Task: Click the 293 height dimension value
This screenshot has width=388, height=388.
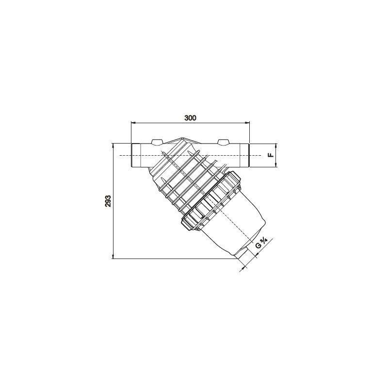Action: tap(108, 201)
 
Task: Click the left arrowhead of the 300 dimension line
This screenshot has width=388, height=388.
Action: tap(133, 124)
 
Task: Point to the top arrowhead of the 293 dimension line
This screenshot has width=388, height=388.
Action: tap(113, 145)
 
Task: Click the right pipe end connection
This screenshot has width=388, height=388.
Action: tap(244, 155)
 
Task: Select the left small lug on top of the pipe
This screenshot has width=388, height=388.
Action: tap(157, 142)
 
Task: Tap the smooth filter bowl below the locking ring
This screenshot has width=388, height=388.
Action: tap(238, 218)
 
